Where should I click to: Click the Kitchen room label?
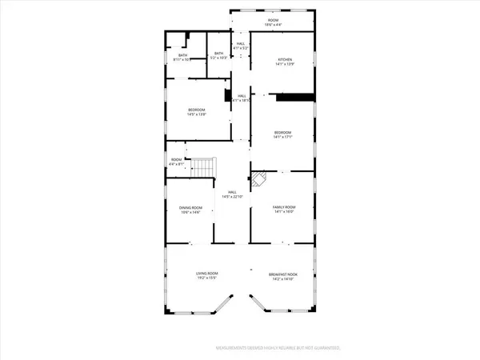click(286, 60)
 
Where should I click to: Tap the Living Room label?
click(207, 274)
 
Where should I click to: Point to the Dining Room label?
click(190, 208)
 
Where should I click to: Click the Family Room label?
click(285, 208)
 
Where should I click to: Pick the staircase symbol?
click(205, 168)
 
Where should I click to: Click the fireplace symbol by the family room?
click(259, 179)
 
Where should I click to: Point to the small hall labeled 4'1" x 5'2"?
click(240, 46)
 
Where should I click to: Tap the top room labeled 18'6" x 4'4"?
click(273, 21)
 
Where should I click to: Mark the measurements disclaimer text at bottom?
click(278, 349)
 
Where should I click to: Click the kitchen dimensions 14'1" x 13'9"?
click(286, 64)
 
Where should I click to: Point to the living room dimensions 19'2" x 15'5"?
click(207, 278)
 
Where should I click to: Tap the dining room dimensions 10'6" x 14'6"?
click(190, 212)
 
